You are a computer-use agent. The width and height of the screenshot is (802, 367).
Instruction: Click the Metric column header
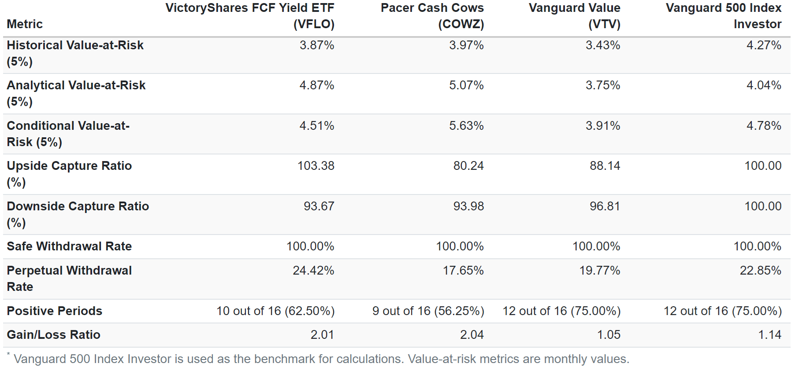click(x=25, y=24)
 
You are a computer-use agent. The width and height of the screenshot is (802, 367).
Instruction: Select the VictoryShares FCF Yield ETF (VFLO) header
click(x=250, y=16)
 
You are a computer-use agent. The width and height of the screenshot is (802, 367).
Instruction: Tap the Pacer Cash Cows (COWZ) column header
click(x=432, y=16)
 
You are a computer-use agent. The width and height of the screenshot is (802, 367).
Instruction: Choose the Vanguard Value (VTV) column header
click(x=574, y=16)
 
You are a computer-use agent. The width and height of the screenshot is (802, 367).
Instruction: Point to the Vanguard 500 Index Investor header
click(x=723, y=16)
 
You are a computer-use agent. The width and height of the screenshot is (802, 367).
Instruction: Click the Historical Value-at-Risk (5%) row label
click(x=75, y=53)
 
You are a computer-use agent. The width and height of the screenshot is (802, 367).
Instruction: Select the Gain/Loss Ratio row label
click(x=53, y=335)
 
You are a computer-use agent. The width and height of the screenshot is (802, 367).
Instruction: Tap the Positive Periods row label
click(x=54, y=311)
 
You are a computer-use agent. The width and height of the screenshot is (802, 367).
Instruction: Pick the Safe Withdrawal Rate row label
click(x=69, y=246)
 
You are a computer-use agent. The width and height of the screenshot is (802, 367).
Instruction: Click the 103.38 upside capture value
click(x=316, y=166)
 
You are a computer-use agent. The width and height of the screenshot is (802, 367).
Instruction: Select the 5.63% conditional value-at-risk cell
click(x=466, y=126)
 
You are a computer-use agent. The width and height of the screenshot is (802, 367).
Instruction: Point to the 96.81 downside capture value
click(x=605, y=206)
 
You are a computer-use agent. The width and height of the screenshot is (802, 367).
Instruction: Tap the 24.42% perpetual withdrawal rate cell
click(x=313, y=271)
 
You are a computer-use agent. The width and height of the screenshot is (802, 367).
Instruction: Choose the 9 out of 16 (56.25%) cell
click(x=428, y=311)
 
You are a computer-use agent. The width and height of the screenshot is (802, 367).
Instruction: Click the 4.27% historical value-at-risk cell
click(x=764, y=45)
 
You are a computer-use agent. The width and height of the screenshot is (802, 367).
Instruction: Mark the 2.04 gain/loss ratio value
click(x=472, y=335)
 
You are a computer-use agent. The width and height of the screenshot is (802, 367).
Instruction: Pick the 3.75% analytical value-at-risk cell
click(x=602, y=85)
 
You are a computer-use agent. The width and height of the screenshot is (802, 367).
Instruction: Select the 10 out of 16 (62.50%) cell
click(x=275, y=311)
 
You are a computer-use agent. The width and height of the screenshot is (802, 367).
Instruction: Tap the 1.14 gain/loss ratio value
click(x=769, y=335)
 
